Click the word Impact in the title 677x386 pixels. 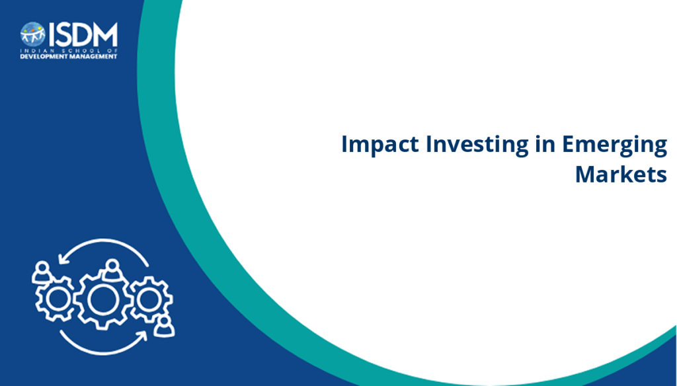[x=380, y=145]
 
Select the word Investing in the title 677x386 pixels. [x=477, y=145]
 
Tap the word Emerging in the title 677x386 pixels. [x=614, y=145]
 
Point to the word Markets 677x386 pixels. [x=621, y=174]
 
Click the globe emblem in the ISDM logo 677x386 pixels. [x=33, y=34]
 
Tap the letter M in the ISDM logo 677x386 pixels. [x=104, y=34]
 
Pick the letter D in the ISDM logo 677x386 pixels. [x=80, y=34]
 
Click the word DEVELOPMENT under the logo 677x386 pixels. [x=42, y=57]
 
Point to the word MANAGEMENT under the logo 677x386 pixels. [x=91, y=57]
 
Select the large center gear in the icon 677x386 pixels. [x=102, y=299]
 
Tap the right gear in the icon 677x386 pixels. [x=150, y=299]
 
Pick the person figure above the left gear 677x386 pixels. [x=42, y=272]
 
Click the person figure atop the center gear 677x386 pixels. [x=112, y=270]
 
